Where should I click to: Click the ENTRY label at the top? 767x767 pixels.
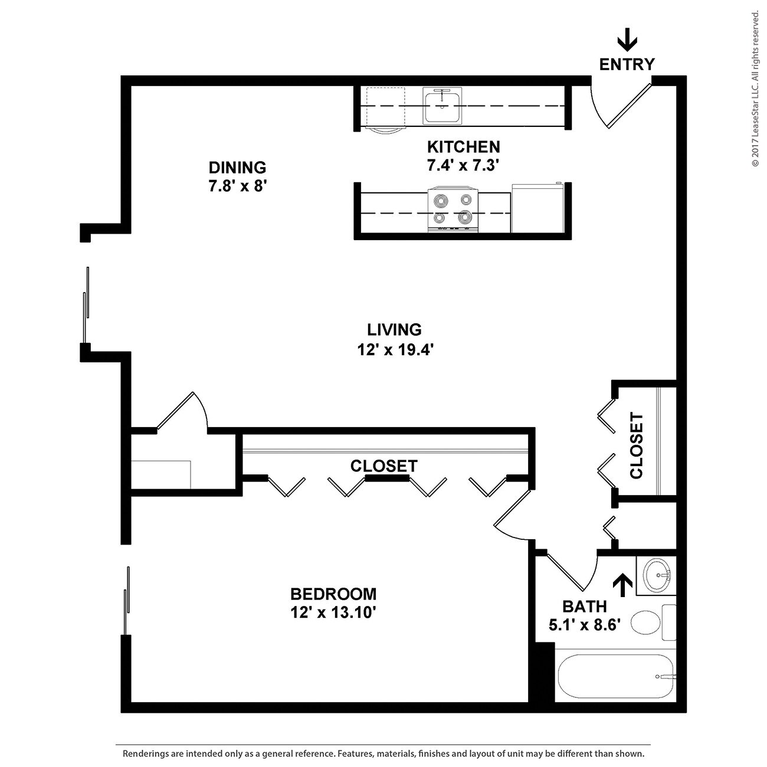[627, 64]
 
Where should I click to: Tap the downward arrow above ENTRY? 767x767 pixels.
[627, 41]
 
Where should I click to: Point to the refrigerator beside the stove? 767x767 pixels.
[537, 208]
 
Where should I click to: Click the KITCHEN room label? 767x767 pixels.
[463, 146]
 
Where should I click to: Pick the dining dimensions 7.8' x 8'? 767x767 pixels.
[238, 186]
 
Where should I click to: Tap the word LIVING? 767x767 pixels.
[394, 329]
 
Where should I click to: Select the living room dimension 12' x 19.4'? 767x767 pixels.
[395, 350]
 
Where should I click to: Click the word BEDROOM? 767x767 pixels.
[333, 594]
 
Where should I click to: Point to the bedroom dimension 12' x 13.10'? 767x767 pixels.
[333, 613]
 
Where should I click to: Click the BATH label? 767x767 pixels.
[584, 606]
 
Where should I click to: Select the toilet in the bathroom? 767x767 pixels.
[648, 622]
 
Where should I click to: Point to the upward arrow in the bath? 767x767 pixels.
[622, 585]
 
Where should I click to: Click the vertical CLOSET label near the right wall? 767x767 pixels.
[637, 445]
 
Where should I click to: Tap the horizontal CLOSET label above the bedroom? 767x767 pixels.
[383, 466]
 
